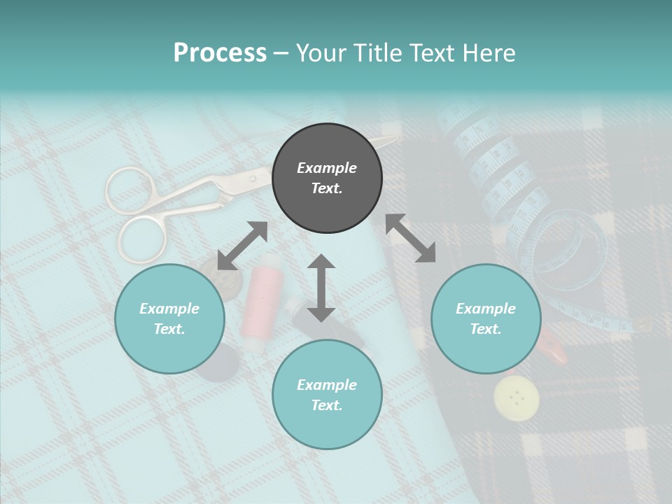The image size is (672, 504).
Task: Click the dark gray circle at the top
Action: click(327, 178)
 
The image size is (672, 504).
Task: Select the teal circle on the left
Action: click(169, 318)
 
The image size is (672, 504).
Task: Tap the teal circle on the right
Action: click(486, 318)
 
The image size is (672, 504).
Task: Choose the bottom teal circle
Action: click(327, 395)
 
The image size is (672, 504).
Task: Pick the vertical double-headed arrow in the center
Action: click(321, 288)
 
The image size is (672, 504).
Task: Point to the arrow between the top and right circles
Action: click(411, 239)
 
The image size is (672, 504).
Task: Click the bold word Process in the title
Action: click(220, 53)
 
